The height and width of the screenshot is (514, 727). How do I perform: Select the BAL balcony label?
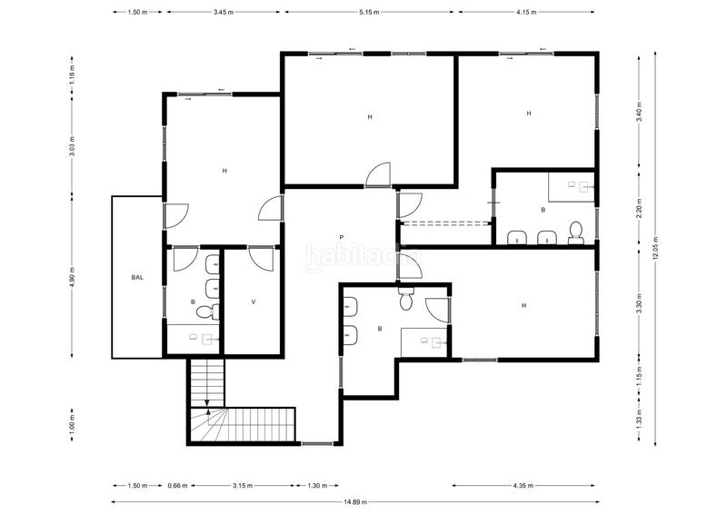[137, 277]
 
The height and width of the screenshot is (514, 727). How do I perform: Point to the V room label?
[253, 301]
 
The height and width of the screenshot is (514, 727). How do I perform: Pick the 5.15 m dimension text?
[370, 13]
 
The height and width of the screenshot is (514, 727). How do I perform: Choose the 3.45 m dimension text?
[223, 13]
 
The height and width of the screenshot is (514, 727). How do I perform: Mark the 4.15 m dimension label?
[527, 13]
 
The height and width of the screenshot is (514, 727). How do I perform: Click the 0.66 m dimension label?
[177, 486]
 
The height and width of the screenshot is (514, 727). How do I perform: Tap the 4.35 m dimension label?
[523, 486]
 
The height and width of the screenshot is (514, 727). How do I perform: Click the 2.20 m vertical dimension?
[639, 211]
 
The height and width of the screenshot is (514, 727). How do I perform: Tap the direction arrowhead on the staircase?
[208, 410]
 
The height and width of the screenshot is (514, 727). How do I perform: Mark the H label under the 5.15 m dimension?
[370, 117]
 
